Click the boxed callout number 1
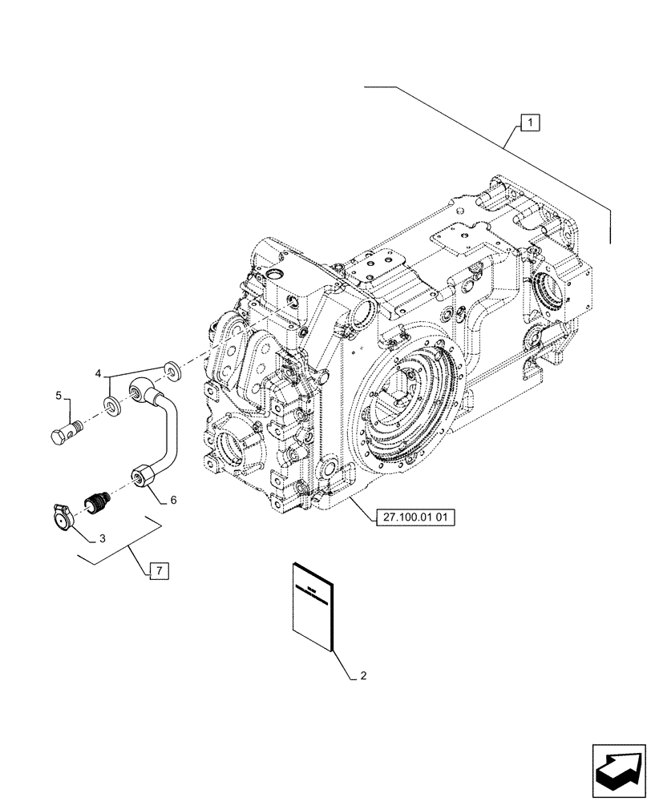pos(530,123)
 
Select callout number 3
pos(101,538)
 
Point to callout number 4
pos(99,373)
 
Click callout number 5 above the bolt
pos(59,395)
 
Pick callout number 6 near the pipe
pos(173,499)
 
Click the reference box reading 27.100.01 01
pos(414,517)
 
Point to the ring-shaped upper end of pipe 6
pos(140,391)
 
